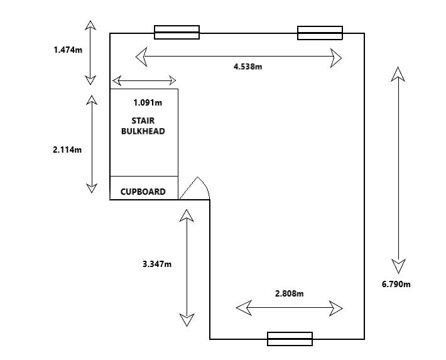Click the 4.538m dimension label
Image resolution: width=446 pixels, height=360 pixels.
[247, 67]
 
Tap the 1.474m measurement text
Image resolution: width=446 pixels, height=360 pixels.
[68, 48]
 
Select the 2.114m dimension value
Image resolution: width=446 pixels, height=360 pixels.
[67, 150]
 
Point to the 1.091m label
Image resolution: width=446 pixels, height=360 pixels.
[148, 102]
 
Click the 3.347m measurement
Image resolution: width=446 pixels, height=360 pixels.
[157, 264]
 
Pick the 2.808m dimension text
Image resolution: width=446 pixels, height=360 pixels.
[289, 293]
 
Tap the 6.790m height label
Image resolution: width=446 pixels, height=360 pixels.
[396, 284]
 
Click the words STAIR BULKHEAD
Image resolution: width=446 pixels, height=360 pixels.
[143, 126]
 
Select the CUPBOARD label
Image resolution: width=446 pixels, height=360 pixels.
[143, 192]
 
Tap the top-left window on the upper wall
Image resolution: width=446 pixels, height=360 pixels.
[177, 32]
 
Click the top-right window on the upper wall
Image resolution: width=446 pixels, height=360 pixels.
[320, 32]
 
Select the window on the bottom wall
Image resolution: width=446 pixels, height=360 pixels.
[290, 339]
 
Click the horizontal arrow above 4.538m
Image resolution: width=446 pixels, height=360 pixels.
[239, 58]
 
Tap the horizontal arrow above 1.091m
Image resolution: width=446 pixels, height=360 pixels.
[144, 80]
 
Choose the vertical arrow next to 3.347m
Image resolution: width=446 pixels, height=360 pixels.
[187, 268]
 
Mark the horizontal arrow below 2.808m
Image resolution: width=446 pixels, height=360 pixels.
[289, 308]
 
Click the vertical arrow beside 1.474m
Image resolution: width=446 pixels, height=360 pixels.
[91, 52]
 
